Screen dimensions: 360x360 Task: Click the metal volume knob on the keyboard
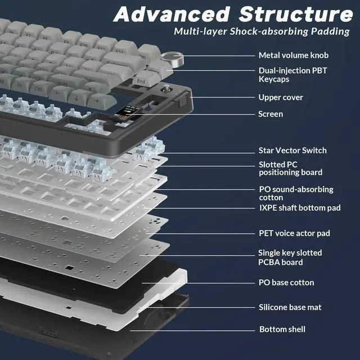click(x=168, y=58)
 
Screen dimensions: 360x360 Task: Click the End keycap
click(x=141, y=81)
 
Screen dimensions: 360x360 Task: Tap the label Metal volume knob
click(x=293, y=55)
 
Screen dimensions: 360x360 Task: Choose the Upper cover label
click(x=281, y=97)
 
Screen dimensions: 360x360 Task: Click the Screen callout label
click(x=271, y=114)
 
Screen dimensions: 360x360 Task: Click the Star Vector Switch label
click(x=292, y=150)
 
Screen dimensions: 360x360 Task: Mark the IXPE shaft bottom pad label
click(x=299, y=208)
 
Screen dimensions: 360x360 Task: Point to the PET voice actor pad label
click(x=294, y=233)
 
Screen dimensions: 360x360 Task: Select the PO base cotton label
click(x=286, y=282)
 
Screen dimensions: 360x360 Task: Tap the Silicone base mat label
click(x=290, y=307)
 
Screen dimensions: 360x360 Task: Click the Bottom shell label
click(x=282, y=329)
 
